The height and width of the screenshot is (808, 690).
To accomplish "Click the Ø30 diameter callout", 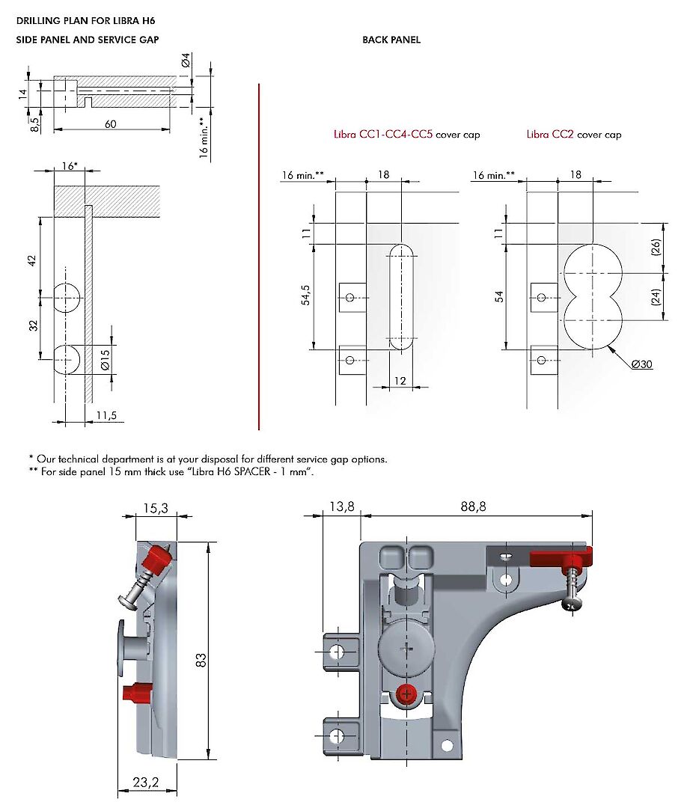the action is coord(642,364).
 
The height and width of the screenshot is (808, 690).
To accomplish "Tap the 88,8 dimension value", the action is coord(473,506).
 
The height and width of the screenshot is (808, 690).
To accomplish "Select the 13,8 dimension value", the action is coord(342,506).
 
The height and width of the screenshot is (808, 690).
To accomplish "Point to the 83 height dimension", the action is coord(201,660).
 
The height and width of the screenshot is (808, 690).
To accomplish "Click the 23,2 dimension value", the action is coord(146,783).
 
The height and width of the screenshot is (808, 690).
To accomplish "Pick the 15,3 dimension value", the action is coord(156,509).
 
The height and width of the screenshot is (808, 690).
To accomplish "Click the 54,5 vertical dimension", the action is coord(305,296).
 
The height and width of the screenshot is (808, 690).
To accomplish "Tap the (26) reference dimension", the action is coord(656,248).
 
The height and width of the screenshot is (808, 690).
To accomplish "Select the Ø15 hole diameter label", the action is coord(105,360).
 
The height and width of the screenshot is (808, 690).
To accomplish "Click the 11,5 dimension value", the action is coord(107,415).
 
